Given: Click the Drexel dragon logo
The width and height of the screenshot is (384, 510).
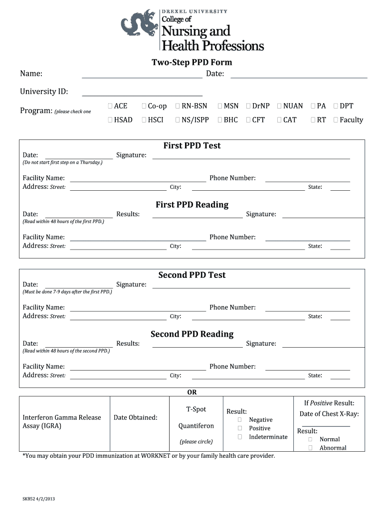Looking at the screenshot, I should click(x=138, y=28).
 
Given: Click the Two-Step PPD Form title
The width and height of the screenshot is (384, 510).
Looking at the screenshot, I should click(x=192, y=62).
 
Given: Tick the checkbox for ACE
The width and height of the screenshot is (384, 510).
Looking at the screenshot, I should click(x=110, y=106).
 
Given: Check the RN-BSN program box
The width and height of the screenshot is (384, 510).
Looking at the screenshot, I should click(x=178, y=106).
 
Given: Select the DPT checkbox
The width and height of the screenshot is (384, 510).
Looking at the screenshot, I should click(x=336, y=106).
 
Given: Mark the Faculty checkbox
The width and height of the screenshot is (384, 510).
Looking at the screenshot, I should click(x=336, y=120).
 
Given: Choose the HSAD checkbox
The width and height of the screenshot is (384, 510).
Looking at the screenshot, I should click(x=110, y=120).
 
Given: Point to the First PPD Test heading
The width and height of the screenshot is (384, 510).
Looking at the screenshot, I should click(x=192, y=145).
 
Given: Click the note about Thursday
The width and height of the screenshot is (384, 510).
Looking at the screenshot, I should click(x=62, y=162).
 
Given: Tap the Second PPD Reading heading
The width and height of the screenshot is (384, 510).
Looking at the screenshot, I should click(x=192, y=334).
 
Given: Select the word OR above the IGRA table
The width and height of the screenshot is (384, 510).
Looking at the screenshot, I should click(x=192, y=392).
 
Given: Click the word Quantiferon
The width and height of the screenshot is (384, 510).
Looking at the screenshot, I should click(x=196, y=426).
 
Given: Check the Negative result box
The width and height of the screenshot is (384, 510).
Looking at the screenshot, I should click(x=240, y=420).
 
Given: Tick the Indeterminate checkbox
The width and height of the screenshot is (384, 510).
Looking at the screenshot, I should click(x=240, y=437).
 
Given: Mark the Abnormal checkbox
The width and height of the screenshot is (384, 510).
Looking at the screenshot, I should click(x=310, y=448).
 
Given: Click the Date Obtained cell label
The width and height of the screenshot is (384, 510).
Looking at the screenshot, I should click(x=135, y=417).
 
